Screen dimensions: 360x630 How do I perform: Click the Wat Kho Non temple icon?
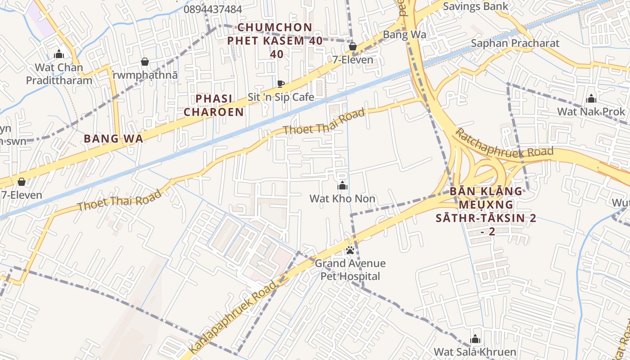[342, 185]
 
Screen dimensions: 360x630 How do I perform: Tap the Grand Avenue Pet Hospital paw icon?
[350, 250]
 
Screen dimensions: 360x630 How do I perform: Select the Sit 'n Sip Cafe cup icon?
[281, 84]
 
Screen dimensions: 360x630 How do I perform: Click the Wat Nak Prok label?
[591, 111]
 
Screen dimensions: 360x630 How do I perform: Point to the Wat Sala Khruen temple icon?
[475, 339]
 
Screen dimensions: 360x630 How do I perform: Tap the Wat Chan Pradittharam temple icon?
[59, 54]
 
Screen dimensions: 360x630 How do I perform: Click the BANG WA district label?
[113, 139]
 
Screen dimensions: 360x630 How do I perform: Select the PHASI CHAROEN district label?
[214, 105]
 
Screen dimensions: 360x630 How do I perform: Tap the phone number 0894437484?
[213, 9]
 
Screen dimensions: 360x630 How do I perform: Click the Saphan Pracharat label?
[515, 43]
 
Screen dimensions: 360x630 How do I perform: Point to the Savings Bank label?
[475, 6]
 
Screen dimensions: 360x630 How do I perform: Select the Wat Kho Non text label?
[342, 198]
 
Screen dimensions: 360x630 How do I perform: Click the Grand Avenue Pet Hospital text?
[350, 270]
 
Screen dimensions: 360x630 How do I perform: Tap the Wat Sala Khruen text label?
[475, 351]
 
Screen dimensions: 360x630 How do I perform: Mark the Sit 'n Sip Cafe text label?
[281, 97]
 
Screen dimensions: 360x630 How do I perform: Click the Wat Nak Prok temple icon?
[591, 99]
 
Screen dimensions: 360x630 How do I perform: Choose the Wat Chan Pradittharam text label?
[59, 74]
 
